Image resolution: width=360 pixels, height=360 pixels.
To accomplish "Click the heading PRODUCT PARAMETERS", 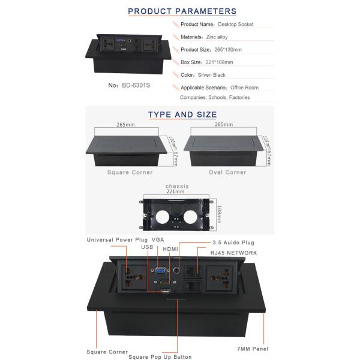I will [x=182, y=11].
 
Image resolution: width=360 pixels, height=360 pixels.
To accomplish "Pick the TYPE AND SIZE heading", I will [x=182, y=115].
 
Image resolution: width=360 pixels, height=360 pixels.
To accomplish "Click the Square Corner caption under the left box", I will [x=130, y=172].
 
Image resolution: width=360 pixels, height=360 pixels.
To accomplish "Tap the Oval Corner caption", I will [x=227, y=172].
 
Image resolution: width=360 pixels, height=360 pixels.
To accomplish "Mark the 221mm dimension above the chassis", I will [x=175, y=192].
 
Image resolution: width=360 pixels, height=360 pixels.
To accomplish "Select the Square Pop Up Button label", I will [x=158, y=357].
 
